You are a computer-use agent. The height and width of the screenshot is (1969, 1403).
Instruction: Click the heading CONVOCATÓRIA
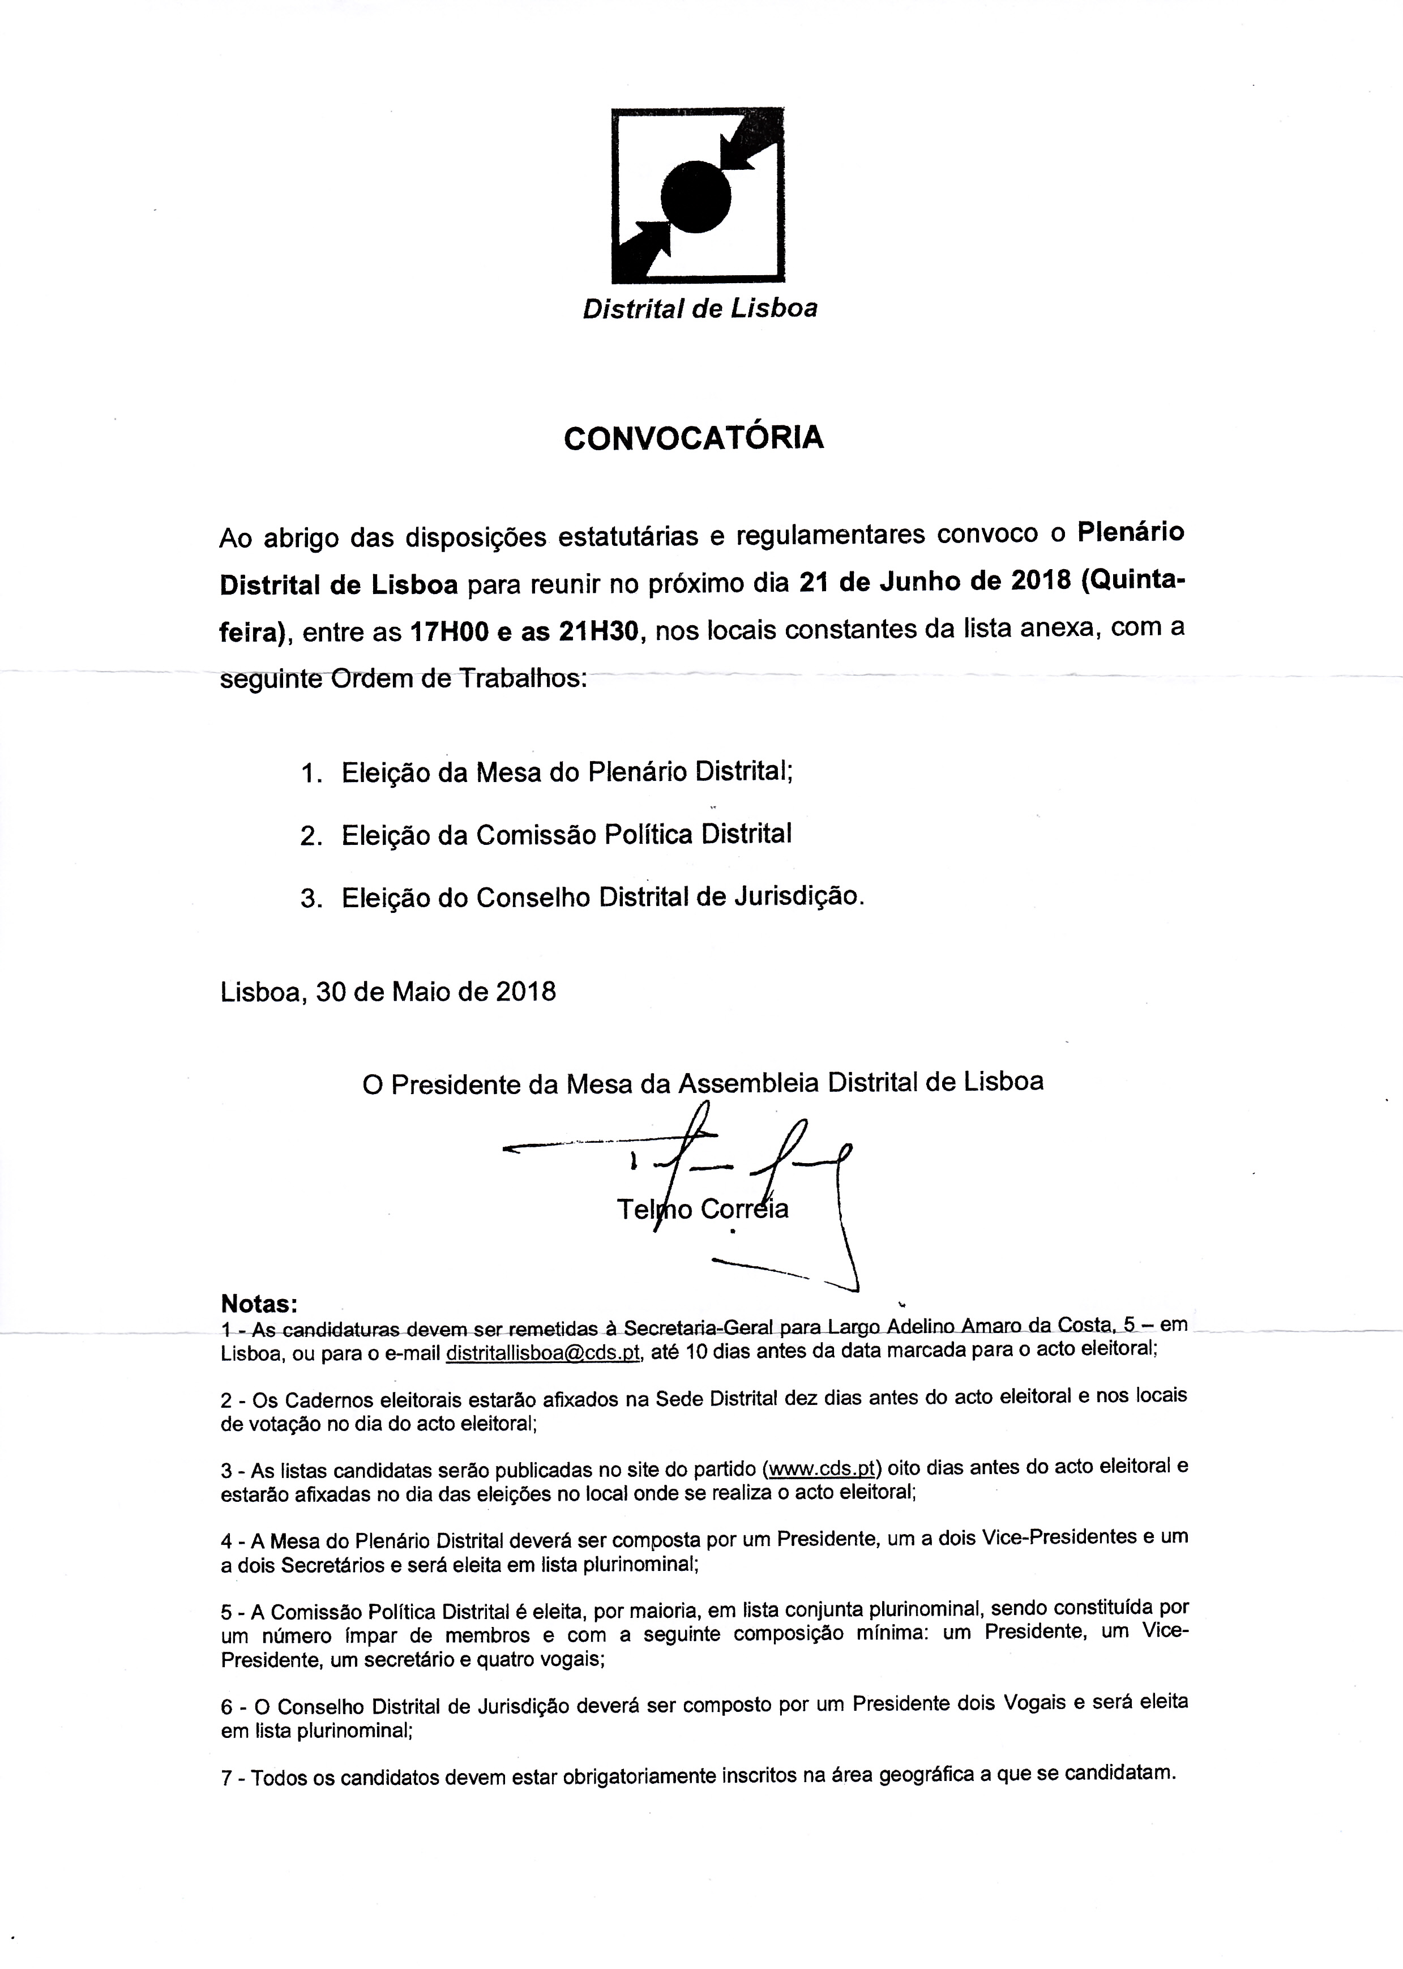pos(694,439)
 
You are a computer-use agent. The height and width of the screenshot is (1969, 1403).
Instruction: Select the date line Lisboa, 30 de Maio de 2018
pos(388,991)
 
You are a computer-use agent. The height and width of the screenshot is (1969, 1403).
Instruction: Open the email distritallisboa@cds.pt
pos(542,1353)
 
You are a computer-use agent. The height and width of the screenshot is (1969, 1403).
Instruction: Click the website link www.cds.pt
pos(823,1468)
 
